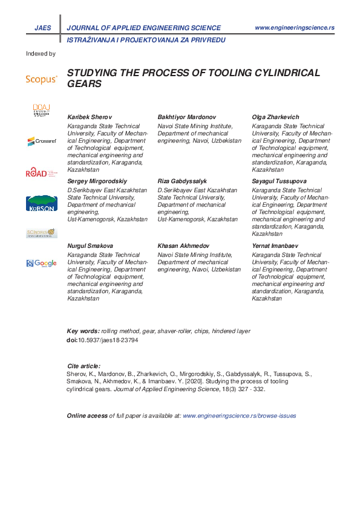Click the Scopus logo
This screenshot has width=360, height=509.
coord(41,79)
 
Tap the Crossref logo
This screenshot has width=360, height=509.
coord(41,141)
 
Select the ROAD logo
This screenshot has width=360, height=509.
coord(41,173)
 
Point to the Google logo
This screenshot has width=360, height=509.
coord(41,263)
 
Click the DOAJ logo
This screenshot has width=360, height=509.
coord(41,110)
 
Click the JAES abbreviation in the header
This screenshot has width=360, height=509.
coord(43,28)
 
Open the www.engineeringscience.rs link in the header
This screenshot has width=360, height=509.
coord(295,28)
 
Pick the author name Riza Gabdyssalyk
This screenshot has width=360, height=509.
coord(182,181)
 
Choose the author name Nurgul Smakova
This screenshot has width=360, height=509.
coord(90,246)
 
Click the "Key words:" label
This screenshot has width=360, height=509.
coord(83,332)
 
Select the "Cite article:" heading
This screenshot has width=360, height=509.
coord(83,366)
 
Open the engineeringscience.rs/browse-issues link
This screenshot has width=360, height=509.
coord(239,416)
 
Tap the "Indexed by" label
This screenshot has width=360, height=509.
coord(41,54)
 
